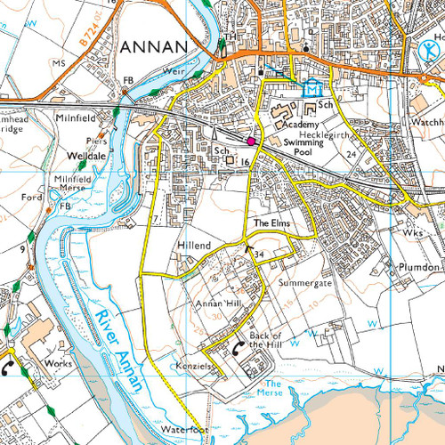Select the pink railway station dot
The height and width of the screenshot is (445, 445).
[251, 141]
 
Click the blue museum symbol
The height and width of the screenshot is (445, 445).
[311, 89]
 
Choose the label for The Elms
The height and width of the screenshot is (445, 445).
[272, 222]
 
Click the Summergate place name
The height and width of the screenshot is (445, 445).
[305, 282]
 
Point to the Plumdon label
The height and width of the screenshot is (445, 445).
[418, 267]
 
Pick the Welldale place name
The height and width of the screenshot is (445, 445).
[86, 155]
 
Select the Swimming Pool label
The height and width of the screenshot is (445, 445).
[303, 147]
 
